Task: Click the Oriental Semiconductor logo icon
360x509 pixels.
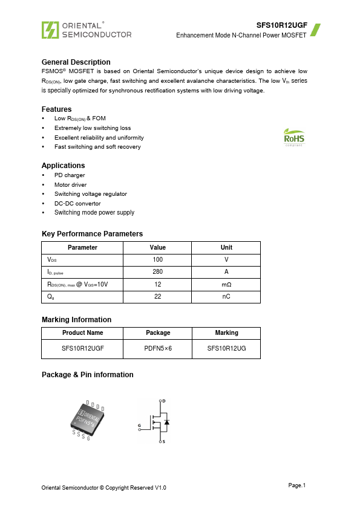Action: tap(50, 30)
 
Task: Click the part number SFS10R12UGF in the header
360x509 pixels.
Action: tap(281, 26)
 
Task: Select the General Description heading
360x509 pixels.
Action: tap(76, 62)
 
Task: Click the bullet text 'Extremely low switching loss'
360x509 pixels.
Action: tap(93, 128)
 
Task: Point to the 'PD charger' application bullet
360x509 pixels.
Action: tap(70, 175)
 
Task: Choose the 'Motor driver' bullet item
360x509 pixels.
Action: tap(70, 185)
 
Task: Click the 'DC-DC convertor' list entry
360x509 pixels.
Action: tap(77, 204)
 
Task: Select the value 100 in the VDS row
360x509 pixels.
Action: tap(157, 259)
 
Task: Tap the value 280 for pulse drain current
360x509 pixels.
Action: tap(157, 272)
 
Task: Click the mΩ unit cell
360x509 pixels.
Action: tap(226, 284)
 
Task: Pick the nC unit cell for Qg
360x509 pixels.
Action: tap(226, 297)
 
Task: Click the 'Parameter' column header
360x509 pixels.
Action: tap(82, 247)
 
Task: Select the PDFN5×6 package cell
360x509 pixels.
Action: tap(158, 349)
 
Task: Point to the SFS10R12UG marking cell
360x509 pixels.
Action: tap(226, 349)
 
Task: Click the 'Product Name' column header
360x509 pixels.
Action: tap(82, 332)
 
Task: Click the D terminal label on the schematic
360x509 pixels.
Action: tap(164, 401)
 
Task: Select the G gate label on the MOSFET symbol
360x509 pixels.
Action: tap(140, 426)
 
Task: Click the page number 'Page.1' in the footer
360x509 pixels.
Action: tap(297, 485)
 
